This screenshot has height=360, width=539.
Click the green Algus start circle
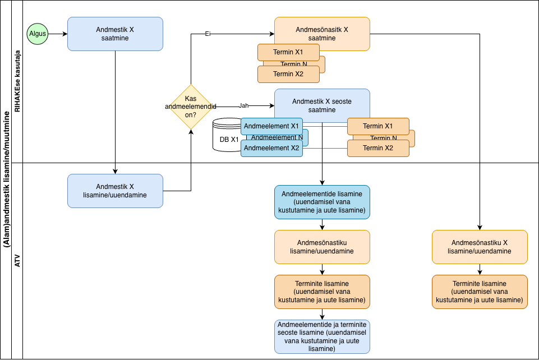click(38, 34)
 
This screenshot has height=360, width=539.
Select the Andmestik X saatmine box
click(115, 34)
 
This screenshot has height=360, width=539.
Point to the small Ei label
click(208, 34)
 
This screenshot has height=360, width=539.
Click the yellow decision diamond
click(191, 107)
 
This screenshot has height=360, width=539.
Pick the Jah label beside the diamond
click(243, 105)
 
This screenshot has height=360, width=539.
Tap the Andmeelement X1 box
click(271, 126)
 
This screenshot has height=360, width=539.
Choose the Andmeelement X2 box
click(271, 148)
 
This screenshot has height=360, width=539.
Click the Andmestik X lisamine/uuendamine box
click(115, 191)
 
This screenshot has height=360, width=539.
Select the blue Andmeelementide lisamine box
click(322, 202)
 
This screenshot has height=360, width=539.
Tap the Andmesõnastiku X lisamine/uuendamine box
click(480, 247)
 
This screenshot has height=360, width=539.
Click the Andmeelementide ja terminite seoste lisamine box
click(322, 336)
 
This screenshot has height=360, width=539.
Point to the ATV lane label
click(17, 260)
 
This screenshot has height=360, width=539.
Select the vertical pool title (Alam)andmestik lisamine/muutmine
click(6, 179)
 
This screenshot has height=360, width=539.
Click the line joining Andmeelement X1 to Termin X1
click(325, 126)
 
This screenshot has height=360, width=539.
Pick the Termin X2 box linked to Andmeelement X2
click(378, 148)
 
